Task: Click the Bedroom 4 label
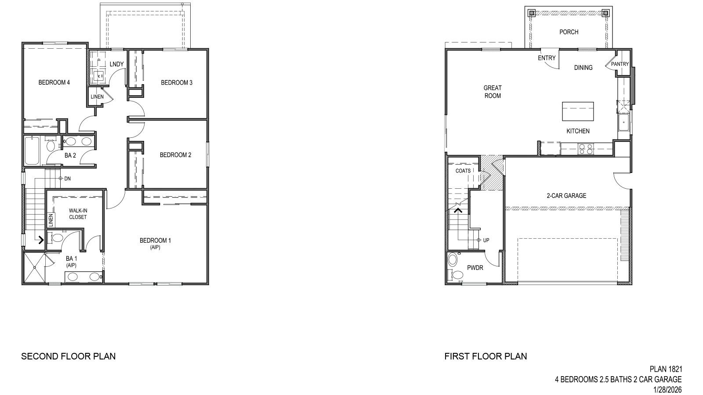click(x=54, y=83)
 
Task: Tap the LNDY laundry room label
click(x=116, y=64)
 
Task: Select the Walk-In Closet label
click(x=78, y=214)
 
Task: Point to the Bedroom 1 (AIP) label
click(x=155, y=243)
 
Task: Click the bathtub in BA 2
click(x=32, y=150)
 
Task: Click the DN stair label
click(x=67, y=179)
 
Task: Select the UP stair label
click(x=486, y=240)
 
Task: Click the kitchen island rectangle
click(x=578, y=111)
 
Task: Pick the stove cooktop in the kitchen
click(x=586, y=149)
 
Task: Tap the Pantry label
click(x=620, y=64)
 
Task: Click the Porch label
click(x=569, y=32)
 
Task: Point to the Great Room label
click(x=493, y=92)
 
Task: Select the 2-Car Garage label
click(x=566, y=196)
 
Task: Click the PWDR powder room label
click(x=475, y=268)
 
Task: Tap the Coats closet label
click(x=463, y=171)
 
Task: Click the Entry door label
click(x=547, y=58)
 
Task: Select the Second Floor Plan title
click(x=69, y=356)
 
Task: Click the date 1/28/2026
click(x=667, y=389)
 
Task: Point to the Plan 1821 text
click(x=666, y=370)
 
